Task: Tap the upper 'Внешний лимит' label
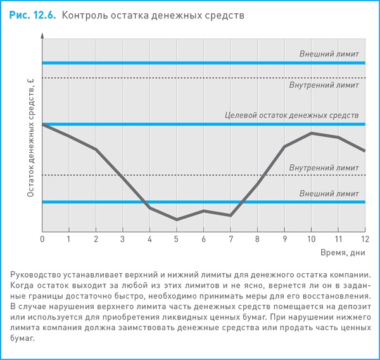click(329, 54)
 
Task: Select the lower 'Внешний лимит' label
click(329, 193)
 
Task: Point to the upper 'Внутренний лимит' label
click(324, 84)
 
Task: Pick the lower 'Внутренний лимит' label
click(324, 167)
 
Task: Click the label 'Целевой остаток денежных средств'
click(291, 115)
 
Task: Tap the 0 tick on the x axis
click(42, 239)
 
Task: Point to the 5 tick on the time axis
click(177, 239)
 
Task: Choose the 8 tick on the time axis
click(257, 239)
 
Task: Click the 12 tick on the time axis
click(365, 239)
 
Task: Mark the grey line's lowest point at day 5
click(177, 219)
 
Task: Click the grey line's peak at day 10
click(311, 133)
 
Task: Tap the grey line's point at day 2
click(96, 150)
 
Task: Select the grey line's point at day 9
click(284, 146)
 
